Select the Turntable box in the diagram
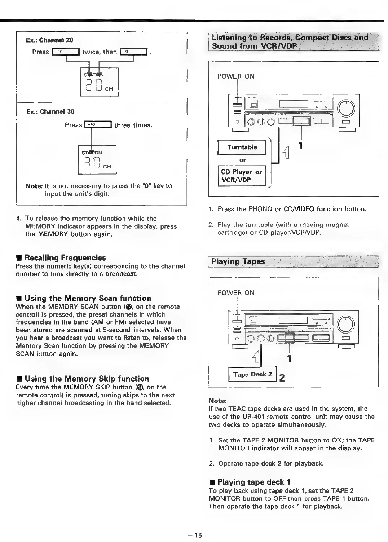(x=242, y=147)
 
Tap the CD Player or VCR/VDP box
(x=241, y=176)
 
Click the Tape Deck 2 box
(x=252, y=374)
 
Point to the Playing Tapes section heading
(x=238, y=261)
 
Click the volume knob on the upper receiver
(x=346, y=107)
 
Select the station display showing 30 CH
(x=97, y=160)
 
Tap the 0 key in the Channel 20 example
(x=133, y=52)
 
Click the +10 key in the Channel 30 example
(x=97, y=125)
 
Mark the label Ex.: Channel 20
(x=49, y=40)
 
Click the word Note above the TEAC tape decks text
(x=217, y=401)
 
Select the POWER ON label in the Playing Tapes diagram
(x=236, y=293)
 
